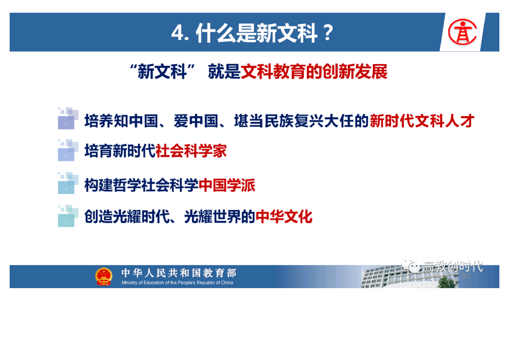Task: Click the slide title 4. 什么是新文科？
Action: (253, 33)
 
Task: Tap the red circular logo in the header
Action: (462, 32)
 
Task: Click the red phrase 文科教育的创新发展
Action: (314, 71)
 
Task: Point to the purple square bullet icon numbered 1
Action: (68, 118)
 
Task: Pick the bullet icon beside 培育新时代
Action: (68, 150)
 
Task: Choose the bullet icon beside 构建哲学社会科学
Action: (68, 183)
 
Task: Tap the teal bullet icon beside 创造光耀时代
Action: (68, 216)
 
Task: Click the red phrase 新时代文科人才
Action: (422, 121)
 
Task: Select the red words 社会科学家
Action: (191, 151)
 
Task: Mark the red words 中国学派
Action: (227, 185)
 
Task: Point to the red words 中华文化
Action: (284, 217)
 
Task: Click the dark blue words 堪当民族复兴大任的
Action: (302, 121)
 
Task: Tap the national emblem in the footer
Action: (103, 276)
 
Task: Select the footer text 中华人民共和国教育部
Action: (179, 273)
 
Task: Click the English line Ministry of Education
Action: (177, 283)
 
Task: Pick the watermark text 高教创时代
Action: (452, 266)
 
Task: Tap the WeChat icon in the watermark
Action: (411, 266)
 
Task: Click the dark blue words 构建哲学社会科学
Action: (141, 185)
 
